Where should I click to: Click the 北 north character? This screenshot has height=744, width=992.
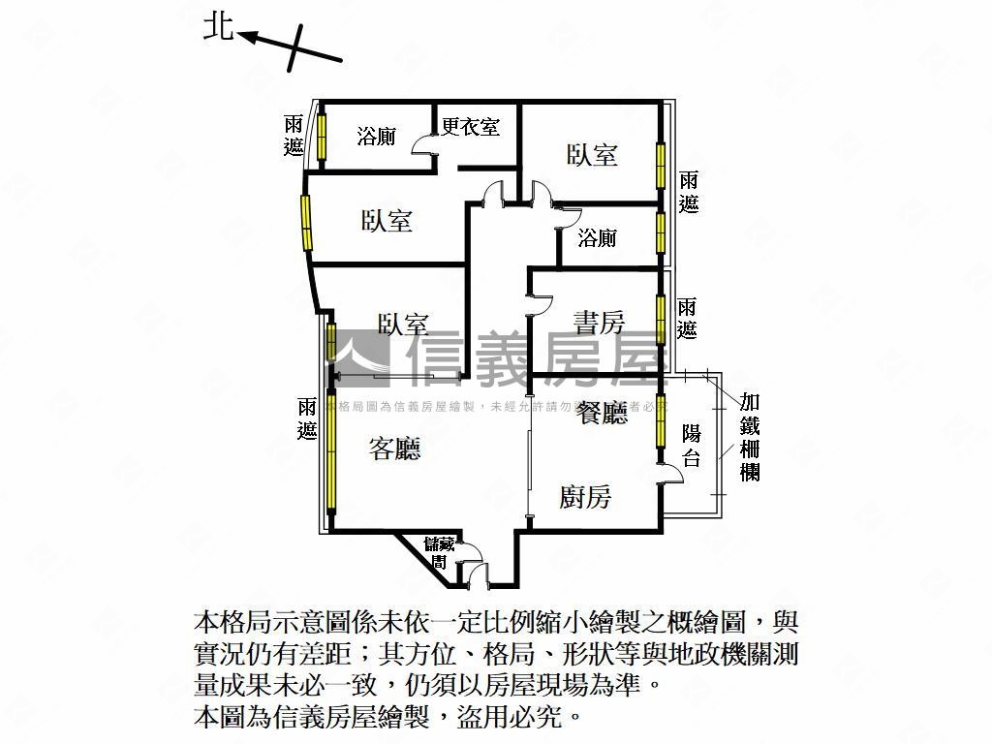pos(218,26)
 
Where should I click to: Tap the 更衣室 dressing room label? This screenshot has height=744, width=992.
pos(471,127)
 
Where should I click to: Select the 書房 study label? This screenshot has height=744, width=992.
pos(599,322)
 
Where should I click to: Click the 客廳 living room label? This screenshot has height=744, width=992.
pos(395,449)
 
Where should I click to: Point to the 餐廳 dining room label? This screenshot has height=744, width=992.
pos(603,415)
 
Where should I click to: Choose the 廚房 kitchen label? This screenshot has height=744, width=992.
pos(586,497)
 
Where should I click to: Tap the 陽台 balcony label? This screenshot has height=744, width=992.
pos(691,446)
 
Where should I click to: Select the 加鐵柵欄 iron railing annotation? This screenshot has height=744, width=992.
pos(749,436)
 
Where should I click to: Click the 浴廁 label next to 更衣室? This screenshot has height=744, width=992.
pos(376,137)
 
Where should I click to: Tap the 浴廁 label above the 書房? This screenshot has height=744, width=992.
pos(597,237)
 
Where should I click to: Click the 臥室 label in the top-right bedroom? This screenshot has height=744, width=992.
pos(592,155)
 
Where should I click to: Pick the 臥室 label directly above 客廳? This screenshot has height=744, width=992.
pos(403,325)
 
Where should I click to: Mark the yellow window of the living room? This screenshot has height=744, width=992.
pos(330,450)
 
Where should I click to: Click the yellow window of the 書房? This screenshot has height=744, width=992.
pos(661,316)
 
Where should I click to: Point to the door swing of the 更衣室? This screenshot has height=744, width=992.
pos(424,144)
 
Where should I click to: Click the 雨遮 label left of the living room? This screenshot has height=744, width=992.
pos(308,419)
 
